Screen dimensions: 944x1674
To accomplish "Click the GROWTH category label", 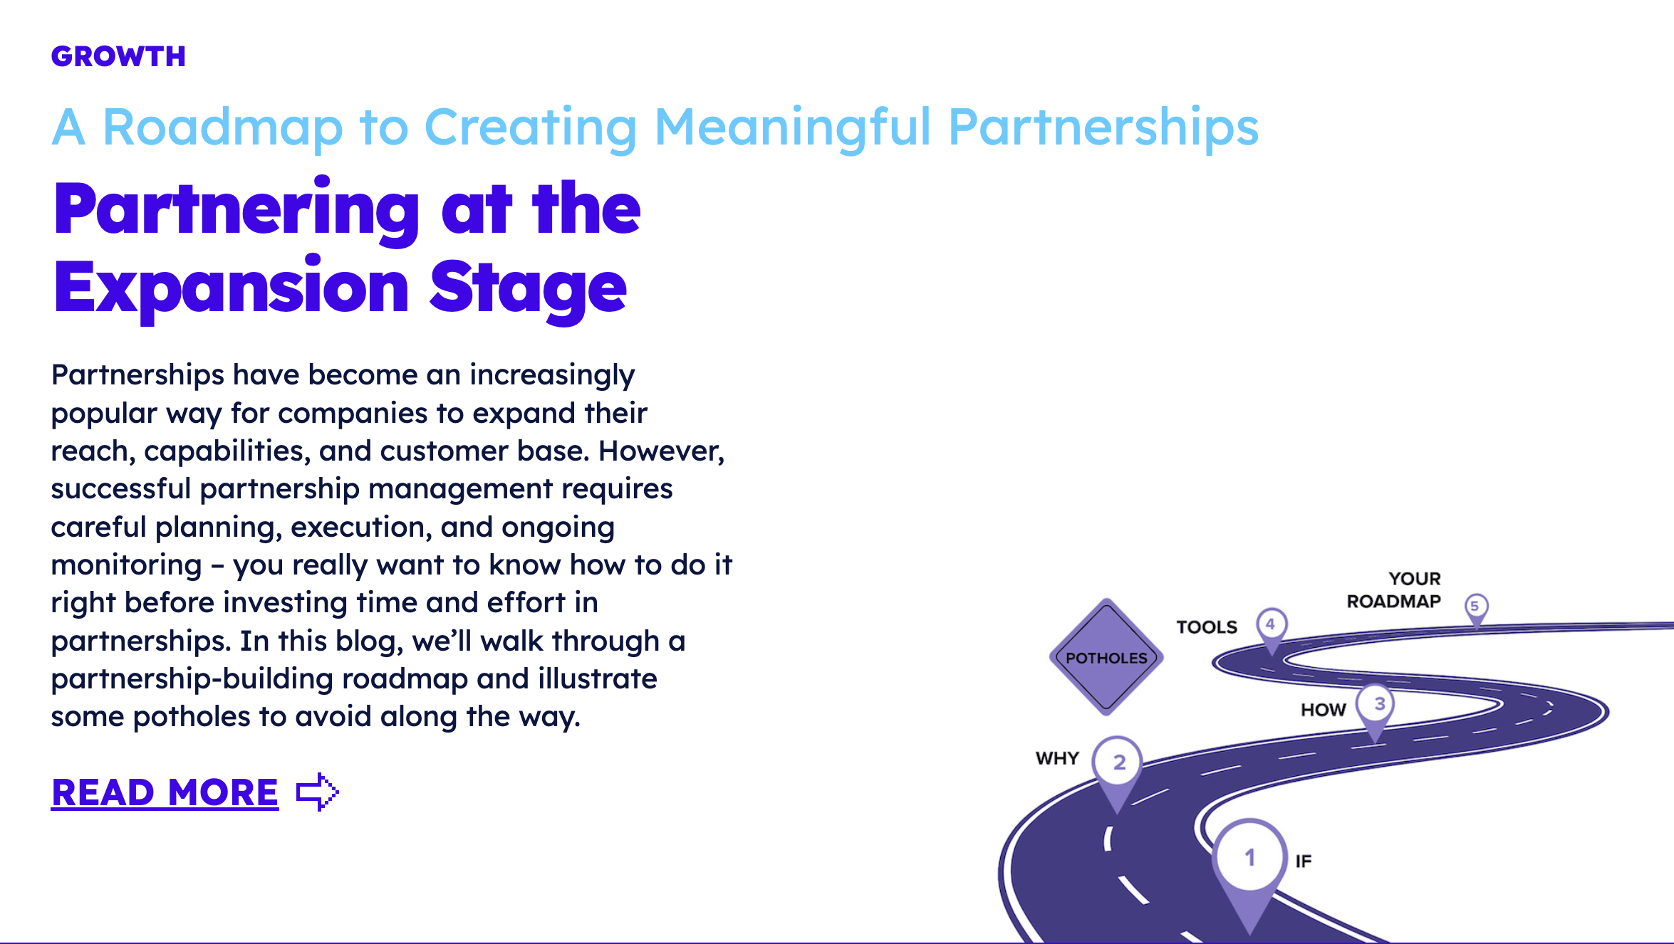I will point(118,56).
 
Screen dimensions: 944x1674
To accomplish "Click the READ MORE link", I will point(165,792).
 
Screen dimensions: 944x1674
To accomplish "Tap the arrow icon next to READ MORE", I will point(317,792).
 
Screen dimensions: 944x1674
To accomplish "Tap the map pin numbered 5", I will point(1476,607).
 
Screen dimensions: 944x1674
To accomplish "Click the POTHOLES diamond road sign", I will point(1106,657).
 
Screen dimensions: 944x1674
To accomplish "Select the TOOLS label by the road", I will point(1207,627).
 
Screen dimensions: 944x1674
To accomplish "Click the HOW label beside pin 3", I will point(1324,710).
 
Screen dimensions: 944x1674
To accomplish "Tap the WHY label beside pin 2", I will point(1057,758).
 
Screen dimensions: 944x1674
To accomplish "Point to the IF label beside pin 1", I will point(1303,861).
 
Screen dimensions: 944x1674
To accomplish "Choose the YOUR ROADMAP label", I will point(1395,590).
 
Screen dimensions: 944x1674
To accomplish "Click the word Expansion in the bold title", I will point(232,288).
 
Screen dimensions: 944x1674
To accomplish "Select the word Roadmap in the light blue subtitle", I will point(223,127).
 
